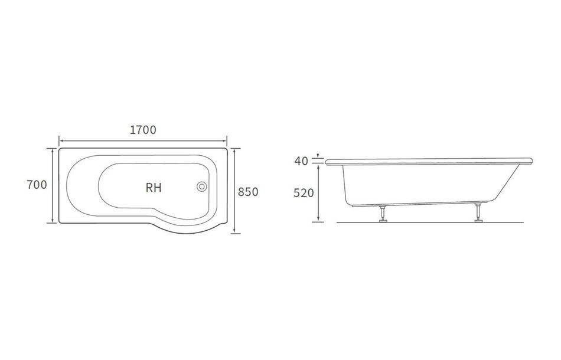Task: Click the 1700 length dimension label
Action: [x=142, y=130]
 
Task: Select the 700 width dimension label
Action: [x=37, y=185]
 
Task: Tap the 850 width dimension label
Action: [x=248, y=192]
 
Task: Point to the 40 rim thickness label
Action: [x=301, y=161]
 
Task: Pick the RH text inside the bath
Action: [x=154, y=188]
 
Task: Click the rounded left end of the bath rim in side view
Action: [x=328, y=161]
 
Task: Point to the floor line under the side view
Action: [x=431, y=222]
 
